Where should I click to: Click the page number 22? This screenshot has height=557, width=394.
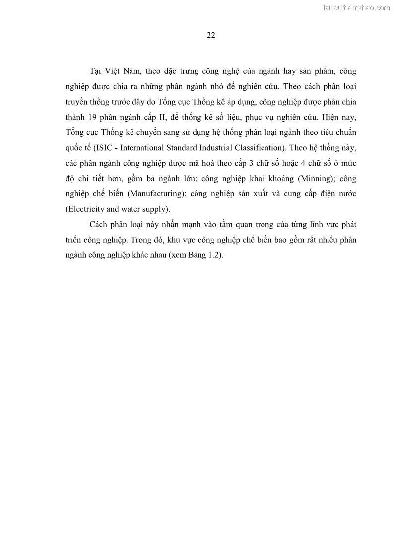point(210,35)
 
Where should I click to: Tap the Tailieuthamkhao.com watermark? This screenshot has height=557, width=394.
point(356,7)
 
